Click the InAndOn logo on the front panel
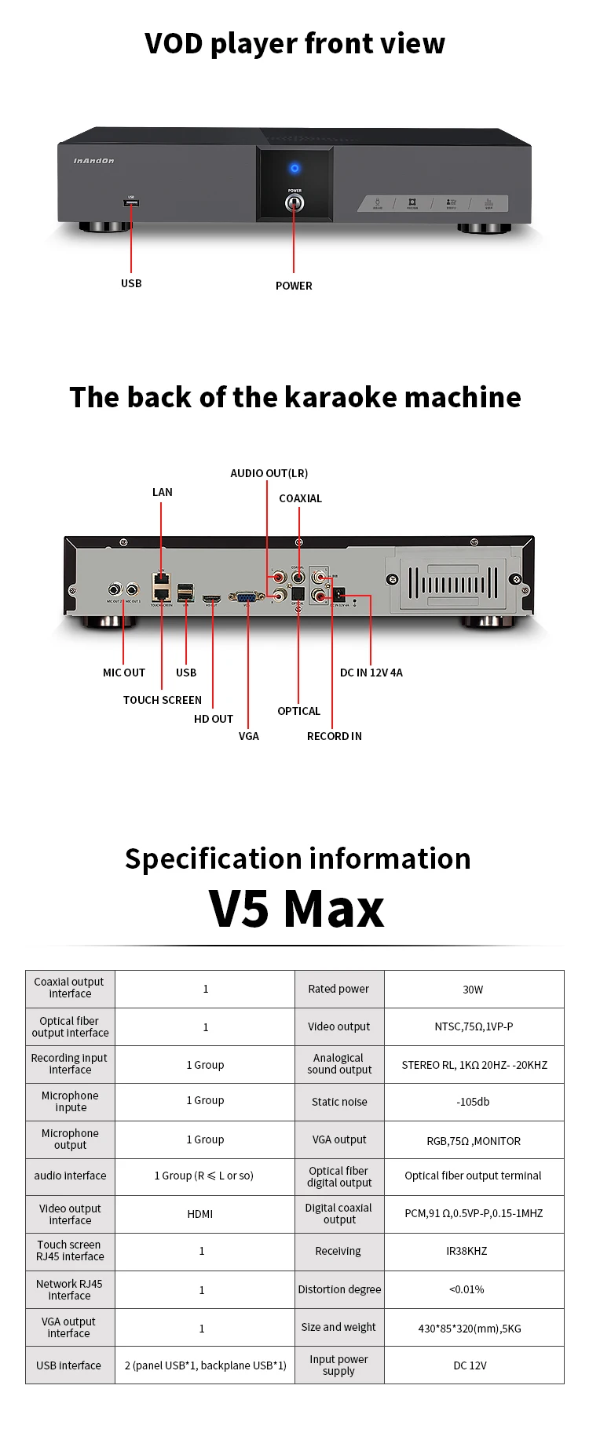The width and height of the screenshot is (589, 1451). point(93,161)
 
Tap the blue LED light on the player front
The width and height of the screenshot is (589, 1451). point(294,168)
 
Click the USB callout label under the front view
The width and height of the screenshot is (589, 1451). point(131,283)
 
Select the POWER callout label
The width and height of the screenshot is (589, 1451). point(294,286)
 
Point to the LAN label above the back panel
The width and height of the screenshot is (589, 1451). point(162,492)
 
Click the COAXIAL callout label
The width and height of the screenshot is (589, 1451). point(300,498)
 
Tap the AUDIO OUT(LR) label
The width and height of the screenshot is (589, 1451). point(269,473)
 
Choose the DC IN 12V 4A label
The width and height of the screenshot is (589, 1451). point(371,673)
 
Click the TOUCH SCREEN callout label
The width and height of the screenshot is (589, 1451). point(162,700)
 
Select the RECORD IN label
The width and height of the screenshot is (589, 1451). point(334,736)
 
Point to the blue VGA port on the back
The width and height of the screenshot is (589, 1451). point(246,597)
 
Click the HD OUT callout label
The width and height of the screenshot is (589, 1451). point(213,719)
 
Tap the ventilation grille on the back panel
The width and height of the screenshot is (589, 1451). point(452,585)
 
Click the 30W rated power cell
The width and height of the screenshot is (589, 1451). point(473,990)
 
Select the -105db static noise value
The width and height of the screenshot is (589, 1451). point(473,1102)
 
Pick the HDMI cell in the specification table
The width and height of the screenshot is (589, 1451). point(200,1214)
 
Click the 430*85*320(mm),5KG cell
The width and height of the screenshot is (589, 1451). point(470,1329)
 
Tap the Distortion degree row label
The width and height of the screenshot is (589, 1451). point(339,1289)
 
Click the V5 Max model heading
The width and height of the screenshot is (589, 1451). point(296,909)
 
